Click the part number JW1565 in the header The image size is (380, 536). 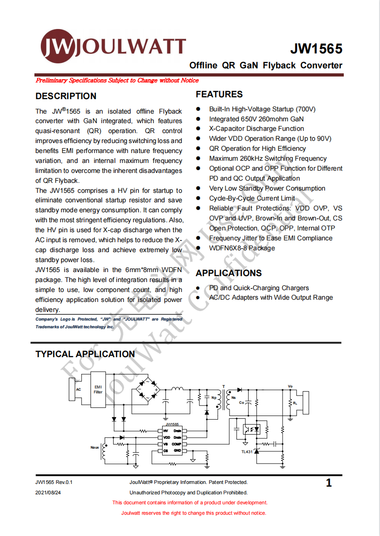[316, 49]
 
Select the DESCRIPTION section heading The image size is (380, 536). [66, 96]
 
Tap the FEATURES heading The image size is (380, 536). [219, 94]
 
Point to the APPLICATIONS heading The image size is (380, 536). [229, 273]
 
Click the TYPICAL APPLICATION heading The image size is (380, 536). [85, 354]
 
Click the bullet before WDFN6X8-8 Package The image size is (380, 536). [198, 248]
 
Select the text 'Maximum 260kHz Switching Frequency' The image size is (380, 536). [268, 158]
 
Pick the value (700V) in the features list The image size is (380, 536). [306, 109]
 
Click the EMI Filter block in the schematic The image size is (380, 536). [98, 390]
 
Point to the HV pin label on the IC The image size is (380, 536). [166, 431]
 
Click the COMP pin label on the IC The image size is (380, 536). [176, 444]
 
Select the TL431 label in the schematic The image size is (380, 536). [247, 451]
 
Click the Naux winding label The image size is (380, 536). [95, 447]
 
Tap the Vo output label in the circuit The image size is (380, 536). [290, 386]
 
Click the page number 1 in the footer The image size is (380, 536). [329, 483]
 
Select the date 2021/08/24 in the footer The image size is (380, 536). [48, 493]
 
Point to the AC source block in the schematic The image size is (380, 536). [78, 389]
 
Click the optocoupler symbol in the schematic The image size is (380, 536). [252, 428]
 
